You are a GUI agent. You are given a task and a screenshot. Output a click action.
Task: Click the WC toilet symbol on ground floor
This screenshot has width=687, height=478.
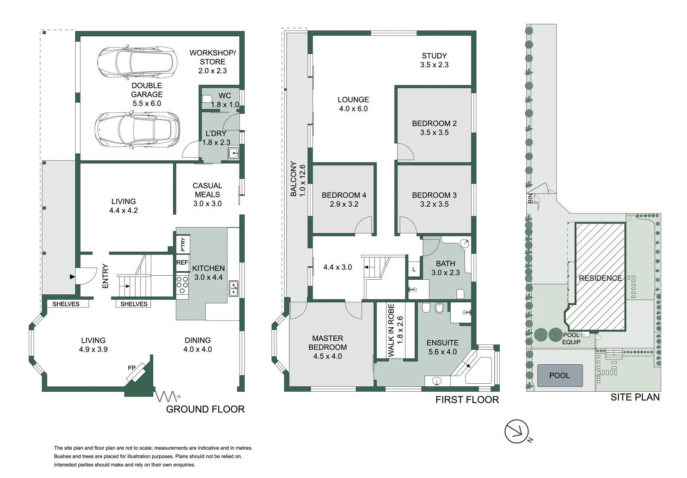(x=207, y=100)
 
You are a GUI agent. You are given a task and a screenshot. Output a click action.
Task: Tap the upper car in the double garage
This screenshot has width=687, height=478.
(x=136, y=62)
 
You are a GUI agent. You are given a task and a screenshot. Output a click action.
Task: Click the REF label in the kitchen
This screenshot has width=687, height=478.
(x=182, y=262)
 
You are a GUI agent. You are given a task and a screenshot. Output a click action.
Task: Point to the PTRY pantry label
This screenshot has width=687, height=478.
(x=182, y=244)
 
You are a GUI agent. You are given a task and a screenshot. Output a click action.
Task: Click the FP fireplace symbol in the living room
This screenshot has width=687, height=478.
(x=137, y=372)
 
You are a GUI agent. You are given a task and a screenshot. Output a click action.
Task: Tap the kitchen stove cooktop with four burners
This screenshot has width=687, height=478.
(x=182, y=285)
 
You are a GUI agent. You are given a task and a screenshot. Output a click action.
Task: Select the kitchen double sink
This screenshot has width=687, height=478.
(x=233, y=289)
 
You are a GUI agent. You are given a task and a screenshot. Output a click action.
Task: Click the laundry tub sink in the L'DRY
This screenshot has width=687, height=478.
(x=233, y=154)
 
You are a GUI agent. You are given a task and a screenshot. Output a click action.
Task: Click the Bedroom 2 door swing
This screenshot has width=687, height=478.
(x=405, y=153)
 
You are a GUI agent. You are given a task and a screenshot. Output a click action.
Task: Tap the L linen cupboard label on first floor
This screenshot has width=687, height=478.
(x=414, y=269)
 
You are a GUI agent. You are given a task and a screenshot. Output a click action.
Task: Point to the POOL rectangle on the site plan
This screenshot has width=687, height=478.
(x=560, y=375)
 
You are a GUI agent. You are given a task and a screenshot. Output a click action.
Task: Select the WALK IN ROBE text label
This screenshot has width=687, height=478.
(x=395, y=330)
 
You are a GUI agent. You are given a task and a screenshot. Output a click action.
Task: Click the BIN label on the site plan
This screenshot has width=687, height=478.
(x=530, y=198)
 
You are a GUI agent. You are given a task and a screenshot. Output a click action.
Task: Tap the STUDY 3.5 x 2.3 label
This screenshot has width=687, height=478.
(x=434, y=60)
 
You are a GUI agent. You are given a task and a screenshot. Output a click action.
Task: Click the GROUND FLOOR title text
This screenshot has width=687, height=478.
(x=205, y=409)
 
